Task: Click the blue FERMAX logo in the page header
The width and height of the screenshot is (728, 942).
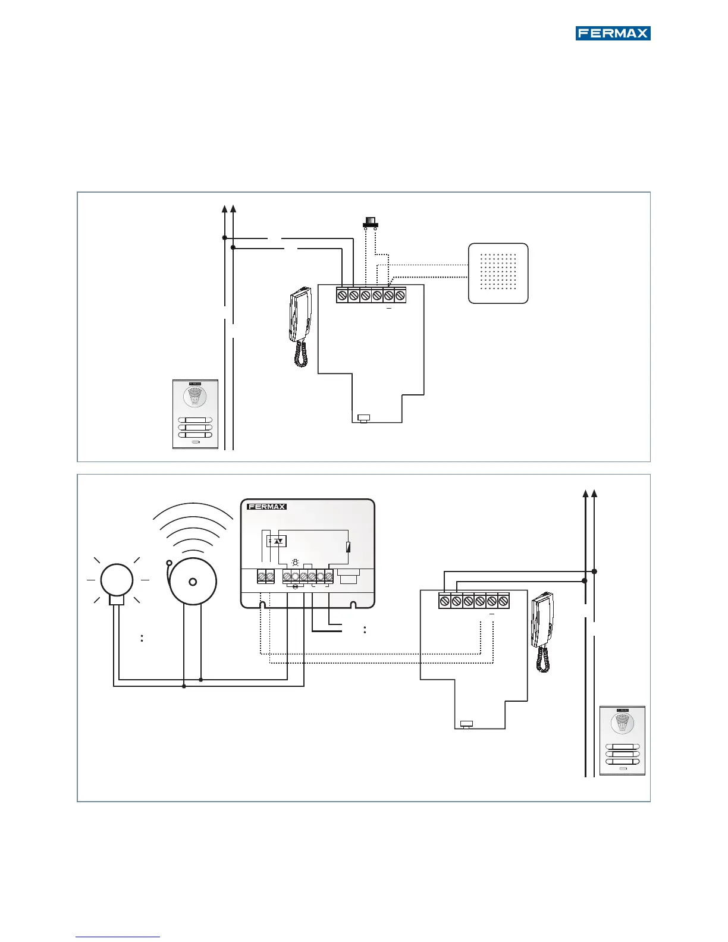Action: tap(613, 33)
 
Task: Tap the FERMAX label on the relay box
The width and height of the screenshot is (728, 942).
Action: tap(266, 507)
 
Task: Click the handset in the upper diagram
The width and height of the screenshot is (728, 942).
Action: tap(300, 315)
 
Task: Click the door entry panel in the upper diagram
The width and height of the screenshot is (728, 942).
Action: tap(195, 414)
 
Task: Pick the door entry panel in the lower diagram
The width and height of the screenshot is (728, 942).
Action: tap(622, 740)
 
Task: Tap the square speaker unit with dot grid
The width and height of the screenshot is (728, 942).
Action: tap(498, 274)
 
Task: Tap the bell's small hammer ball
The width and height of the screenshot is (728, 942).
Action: tap(170, 563)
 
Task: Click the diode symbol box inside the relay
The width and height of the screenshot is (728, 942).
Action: tap(277, 541)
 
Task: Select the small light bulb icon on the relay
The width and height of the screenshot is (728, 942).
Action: tap(294, 562)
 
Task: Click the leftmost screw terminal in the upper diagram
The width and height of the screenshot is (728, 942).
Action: tap(342, 295)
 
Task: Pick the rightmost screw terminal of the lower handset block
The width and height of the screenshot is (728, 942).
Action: tap(503, 601)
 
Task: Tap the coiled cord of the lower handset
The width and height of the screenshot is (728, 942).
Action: tap(542, 659)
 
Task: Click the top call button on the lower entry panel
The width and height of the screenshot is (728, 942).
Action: tap(622, 747)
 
